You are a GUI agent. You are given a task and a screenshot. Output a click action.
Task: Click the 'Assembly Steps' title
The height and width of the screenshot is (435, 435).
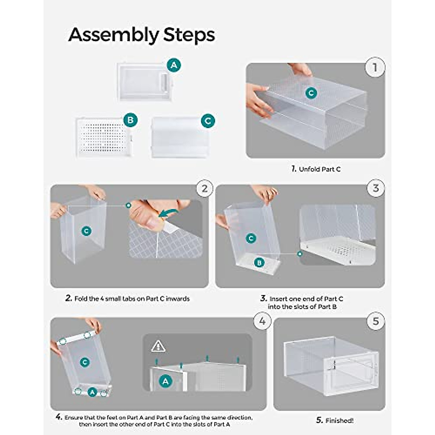tap(141, 35)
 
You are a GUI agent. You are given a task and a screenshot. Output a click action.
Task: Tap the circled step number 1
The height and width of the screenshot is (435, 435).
tap(375, 67)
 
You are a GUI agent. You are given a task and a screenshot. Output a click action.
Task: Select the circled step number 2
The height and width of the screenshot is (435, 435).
tap(205, 188)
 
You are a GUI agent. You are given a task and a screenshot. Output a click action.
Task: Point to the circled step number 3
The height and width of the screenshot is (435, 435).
tap(376, 188)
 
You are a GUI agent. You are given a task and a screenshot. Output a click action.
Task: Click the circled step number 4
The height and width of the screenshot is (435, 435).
tap(262, 321)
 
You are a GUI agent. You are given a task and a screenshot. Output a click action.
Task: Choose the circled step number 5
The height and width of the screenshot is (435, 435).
tap(376, 321)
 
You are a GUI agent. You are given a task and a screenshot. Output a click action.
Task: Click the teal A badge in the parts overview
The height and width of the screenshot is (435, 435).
tap(174, 65)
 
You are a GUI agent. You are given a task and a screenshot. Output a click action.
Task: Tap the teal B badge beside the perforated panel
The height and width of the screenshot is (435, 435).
tap(130, 120)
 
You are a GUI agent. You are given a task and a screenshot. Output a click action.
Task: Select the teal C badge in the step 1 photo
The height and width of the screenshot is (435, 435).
tap(311, 93)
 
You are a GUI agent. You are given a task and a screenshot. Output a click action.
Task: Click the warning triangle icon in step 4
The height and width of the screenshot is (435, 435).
tap(158, 347)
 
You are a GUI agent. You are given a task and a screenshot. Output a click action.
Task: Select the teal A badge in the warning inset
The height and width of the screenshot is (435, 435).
tap(166, 381)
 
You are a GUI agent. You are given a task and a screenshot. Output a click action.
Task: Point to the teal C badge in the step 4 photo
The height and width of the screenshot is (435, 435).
tap(84, 362)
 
